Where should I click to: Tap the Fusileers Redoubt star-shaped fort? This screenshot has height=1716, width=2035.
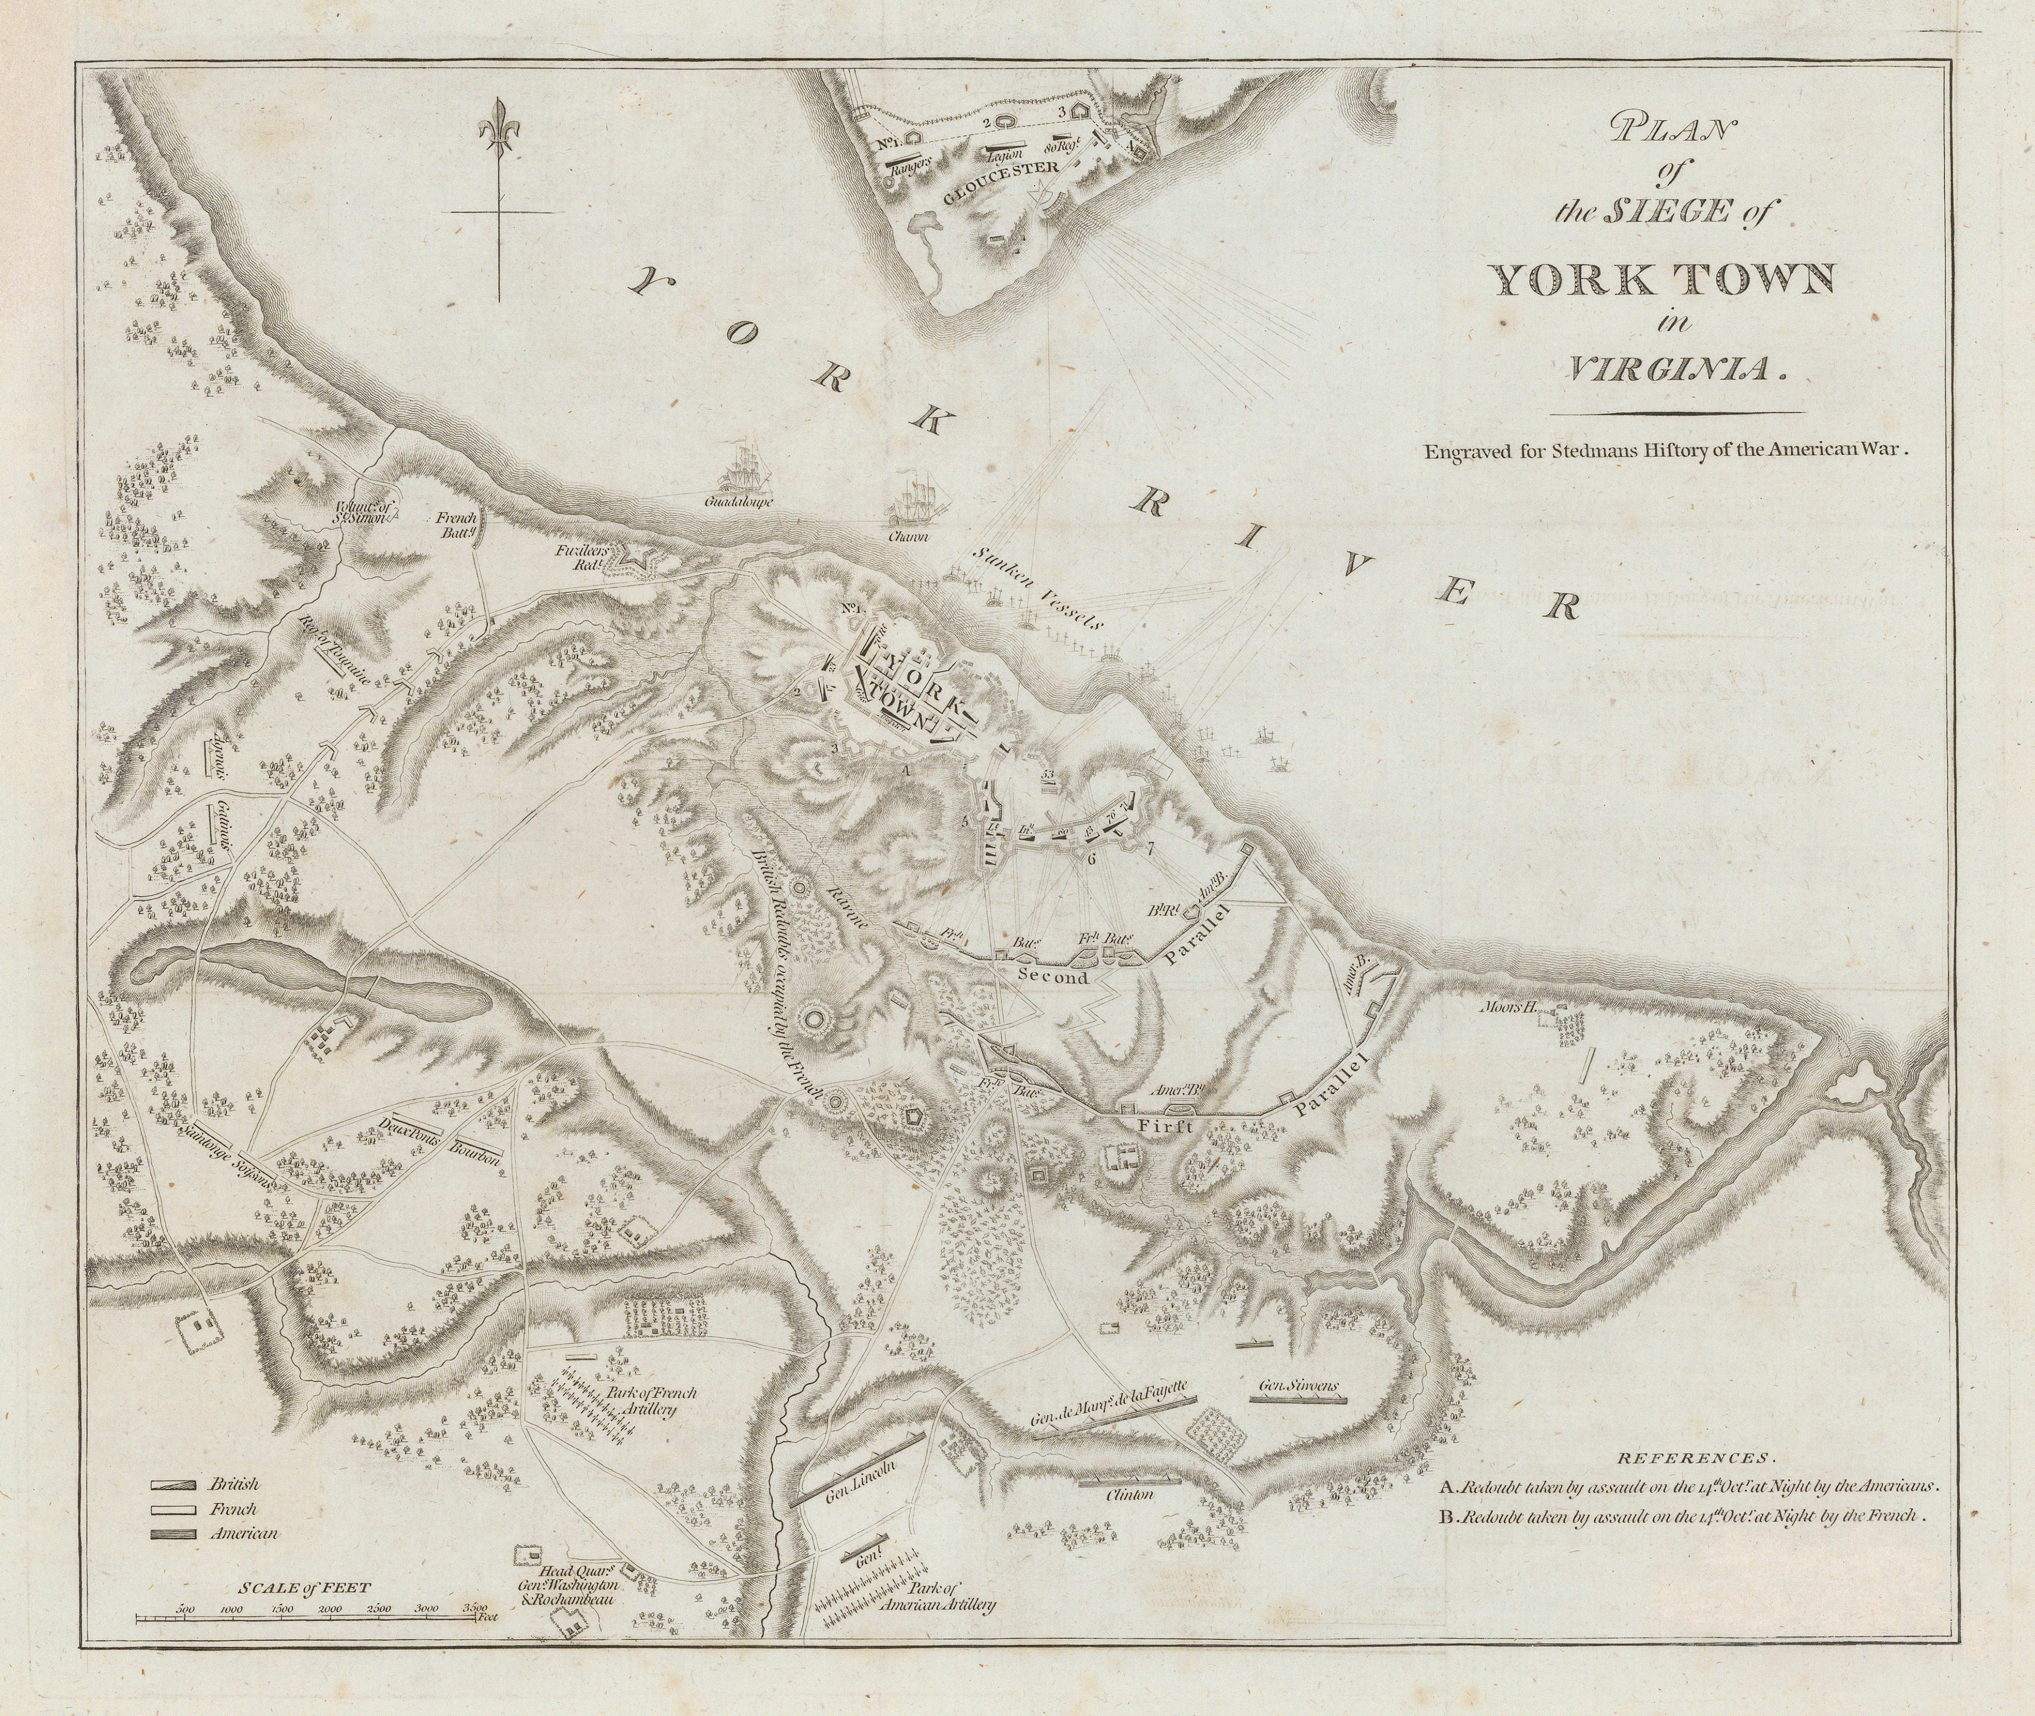pyautogui.click(x=640, y=559)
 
